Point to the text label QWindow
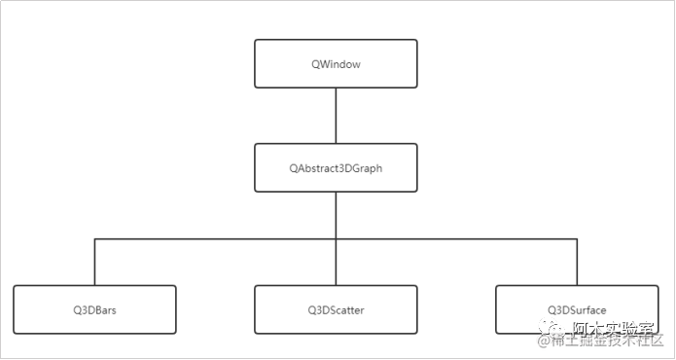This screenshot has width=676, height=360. [x=336, y=64]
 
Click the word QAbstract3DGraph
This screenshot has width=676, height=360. [x=336, y=168]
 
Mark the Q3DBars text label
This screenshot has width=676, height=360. [x=95, y=310]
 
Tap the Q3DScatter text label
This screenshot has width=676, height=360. [x=336, y=310]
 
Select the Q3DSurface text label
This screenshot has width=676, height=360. [x=577, y=310]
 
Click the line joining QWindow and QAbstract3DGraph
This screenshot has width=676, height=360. [x=336, y=116]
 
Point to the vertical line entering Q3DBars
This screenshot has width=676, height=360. [x=95, y=263]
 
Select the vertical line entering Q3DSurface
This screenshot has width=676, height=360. [x=577, y=263]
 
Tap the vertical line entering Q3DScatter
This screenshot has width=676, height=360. [x=336, y=263]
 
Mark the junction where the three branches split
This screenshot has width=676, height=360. [x=336, y=238]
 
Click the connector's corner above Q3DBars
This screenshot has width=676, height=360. [x=95, y=238]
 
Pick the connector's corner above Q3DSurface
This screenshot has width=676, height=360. [x=577, y=238]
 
